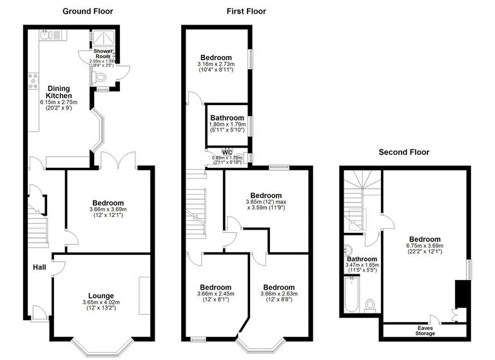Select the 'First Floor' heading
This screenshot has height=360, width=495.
click(x=246, y=11)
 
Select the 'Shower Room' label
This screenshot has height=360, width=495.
click(x=103, y=54)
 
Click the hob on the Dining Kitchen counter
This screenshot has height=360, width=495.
click(x=32, y=81)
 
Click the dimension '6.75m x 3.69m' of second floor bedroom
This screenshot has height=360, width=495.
click(x=423, y=246)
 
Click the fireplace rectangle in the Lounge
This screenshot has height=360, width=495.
click(x=144, y=295)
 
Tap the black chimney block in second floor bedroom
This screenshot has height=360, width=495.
click(x=461, y=294)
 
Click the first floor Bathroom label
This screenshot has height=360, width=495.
click(x=227, y=118)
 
